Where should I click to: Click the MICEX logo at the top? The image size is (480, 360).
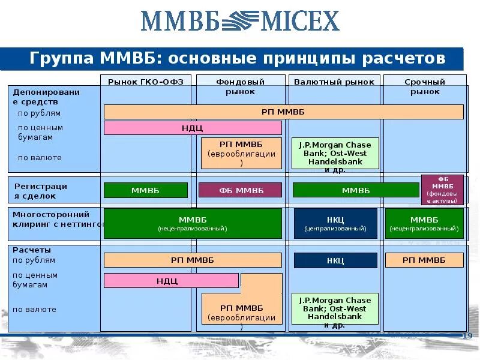[240, 20]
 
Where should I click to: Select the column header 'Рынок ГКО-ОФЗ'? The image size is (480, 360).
[146, 82]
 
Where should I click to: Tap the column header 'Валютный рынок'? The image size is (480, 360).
[334, 82]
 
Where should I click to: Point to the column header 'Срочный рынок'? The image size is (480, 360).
[425, 86]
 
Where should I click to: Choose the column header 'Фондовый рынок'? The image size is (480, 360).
[240, 86]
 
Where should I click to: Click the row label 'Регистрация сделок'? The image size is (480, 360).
[41, 191]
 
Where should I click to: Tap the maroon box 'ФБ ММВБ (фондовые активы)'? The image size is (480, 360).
[442, 190]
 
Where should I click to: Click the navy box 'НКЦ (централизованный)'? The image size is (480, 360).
[335, 224]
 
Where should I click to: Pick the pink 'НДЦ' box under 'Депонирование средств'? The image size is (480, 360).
[193, 128]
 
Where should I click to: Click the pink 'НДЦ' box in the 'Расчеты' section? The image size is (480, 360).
[171, 280]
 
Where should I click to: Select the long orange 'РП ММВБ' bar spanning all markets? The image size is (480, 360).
[283, 112]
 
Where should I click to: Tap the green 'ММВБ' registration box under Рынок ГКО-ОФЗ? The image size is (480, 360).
[146, 190]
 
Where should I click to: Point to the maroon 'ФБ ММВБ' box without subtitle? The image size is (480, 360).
[240, 190]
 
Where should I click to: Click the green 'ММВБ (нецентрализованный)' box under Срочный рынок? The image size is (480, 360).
[424, 224]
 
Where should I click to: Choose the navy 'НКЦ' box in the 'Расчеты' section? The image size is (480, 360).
[335, 260]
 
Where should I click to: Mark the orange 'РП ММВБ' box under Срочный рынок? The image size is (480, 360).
[424, 260]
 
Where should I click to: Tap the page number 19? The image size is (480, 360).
[468, 335]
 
